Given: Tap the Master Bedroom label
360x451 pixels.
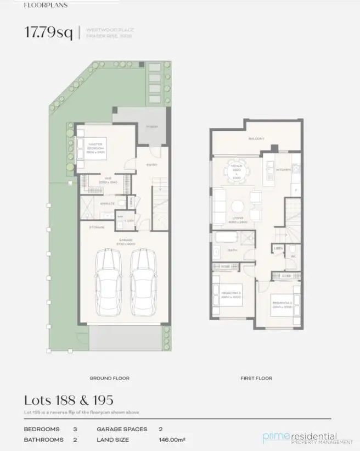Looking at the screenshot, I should tap(95, 147).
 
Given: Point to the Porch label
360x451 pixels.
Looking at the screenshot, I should tap(151, 127).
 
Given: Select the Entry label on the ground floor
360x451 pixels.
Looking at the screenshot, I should tap(151, 164).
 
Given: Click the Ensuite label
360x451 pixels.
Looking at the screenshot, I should tap(108, 203).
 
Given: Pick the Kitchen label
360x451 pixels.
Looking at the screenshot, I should tap(283, 170).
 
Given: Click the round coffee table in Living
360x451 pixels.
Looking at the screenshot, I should tap(238, 207).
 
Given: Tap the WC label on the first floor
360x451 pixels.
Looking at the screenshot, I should tap(293, 256).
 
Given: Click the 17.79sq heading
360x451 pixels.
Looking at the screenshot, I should tap(48, 32).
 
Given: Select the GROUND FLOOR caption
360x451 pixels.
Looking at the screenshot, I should tap(109, 378).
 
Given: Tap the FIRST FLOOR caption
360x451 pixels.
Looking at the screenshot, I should tap(256, 378).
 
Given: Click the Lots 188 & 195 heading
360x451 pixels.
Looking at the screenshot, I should tap(69, 399).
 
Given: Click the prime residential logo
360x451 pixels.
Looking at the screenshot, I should tap(307, 437).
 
